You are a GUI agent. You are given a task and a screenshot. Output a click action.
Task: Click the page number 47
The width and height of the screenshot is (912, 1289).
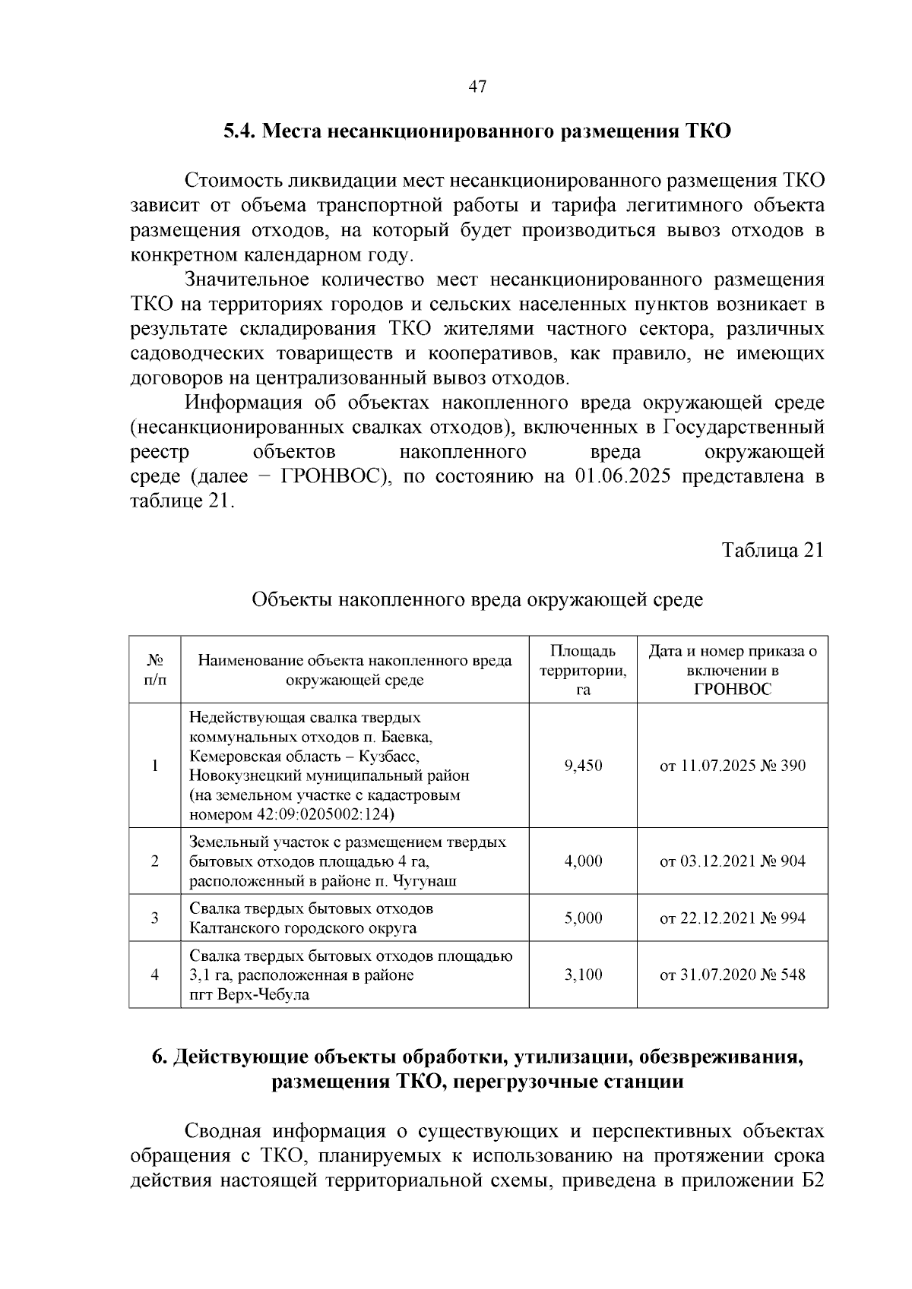coord(477,86)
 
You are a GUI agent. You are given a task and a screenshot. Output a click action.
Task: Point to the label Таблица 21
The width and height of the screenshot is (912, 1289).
coord(772,551)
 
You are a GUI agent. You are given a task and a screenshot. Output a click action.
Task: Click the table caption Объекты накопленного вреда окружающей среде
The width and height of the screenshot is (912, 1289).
coord(477,600)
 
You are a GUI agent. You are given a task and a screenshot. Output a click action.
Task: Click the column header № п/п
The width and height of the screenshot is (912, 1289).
coord(155,669)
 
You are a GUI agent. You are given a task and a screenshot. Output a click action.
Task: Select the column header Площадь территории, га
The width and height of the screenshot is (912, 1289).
coord(583,670)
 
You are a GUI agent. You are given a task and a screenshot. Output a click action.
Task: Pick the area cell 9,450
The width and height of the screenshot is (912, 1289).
coord(583,766)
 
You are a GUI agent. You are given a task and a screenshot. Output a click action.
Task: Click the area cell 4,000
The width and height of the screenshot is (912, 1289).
coord(583,861)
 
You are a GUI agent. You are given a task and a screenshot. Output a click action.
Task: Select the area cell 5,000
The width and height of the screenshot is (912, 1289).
coord(583,918)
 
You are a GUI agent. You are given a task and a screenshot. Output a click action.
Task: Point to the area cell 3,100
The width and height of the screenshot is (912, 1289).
coord(583,975)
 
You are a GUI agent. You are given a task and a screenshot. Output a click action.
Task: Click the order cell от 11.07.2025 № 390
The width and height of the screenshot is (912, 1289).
coord(733,766)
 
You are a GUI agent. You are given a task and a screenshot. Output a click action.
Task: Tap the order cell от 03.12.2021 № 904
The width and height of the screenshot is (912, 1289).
coord(733,861)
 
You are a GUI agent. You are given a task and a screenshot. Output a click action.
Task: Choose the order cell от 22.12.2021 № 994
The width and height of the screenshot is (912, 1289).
coord(733,918)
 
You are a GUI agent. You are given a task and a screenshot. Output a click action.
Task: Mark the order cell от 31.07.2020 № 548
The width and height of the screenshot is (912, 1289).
coord(733,975)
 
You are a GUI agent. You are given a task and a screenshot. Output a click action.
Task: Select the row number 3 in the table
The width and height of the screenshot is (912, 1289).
coord(155,918)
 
